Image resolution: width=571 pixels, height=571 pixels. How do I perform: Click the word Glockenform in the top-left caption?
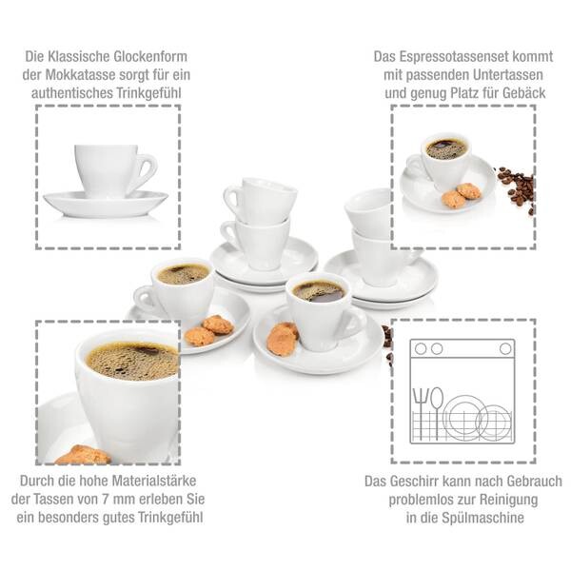pos(150,57)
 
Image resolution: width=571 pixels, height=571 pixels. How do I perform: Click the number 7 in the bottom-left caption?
pos(106,500)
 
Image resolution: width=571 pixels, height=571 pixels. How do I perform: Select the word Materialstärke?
pos(155,481)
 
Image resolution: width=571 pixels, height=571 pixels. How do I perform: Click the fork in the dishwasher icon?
pos(420,414)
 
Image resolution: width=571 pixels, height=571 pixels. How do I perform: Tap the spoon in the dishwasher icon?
pos(437,414)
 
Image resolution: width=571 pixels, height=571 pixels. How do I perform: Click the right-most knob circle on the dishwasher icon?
pos(505,349)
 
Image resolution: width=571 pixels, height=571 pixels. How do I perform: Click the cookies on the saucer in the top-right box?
pos(461,195)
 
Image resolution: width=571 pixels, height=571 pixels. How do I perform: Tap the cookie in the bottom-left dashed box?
pos(84,455)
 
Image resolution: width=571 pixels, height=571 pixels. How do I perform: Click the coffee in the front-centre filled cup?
pos(319,290)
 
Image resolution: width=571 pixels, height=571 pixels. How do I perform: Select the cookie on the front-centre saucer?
pos(283,339)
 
